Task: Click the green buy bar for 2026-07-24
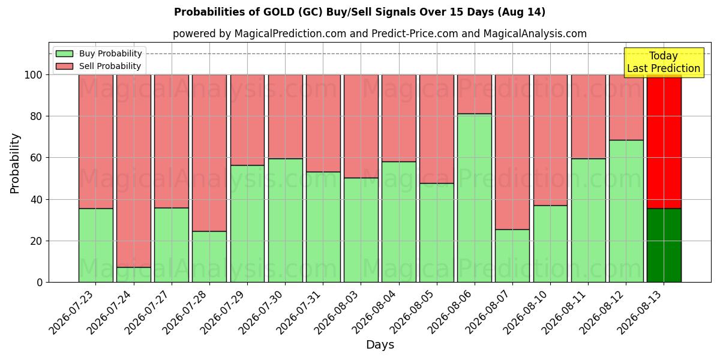point(134,275)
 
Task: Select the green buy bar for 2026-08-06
point(475,198)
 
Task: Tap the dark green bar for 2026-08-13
point(664,245)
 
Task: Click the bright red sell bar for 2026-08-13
point(664,142)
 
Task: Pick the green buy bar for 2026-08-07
point(512,256)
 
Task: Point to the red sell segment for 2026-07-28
point(209,153)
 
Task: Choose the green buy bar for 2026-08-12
point(626,211)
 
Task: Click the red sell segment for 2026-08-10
point(550,140)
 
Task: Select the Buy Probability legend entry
point(98,53)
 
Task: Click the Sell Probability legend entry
point(98,66)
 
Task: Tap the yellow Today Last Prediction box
point(664,62)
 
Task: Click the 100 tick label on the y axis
point(34,75)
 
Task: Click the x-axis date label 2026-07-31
point(299,313)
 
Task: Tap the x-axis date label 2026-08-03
point(336,313)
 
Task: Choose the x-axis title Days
point(380,345)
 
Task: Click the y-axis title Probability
point(15,163)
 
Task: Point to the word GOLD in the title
point(278,12)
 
